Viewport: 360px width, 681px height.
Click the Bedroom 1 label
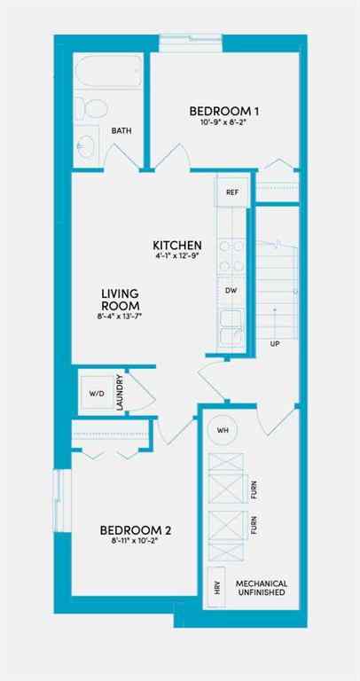tap(224, 111)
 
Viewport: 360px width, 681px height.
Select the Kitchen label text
tap(177, 246)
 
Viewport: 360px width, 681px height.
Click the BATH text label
tap(121, 131)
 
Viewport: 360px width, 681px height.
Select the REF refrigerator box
tap(231, 192)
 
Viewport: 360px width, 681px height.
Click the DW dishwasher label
tap(231, 290)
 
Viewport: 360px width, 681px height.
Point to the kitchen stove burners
tap(231, 255)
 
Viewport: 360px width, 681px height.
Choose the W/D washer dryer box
tap(94, 393)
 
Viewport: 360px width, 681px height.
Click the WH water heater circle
tap(223, 431)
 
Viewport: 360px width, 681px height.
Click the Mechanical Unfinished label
tap(261, 587)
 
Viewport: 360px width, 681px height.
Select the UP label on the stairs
tap(275, 342)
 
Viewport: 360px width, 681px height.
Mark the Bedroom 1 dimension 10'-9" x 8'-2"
tap(224, 123)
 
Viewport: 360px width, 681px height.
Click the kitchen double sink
tap(231, 327)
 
